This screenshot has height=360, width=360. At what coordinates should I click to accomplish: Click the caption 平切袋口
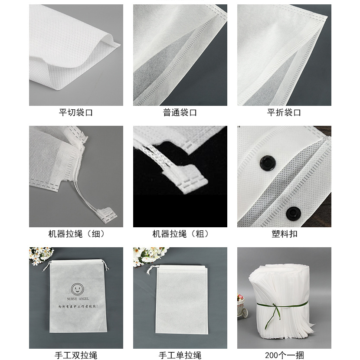point(76,113)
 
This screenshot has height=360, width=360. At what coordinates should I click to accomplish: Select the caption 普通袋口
point(180,113)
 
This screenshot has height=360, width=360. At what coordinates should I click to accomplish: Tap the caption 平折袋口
point(284,113)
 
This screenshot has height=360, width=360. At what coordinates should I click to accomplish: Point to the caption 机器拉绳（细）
point(76,234)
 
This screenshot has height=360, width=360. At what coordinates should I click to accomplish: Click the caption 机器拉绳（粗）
point(180,234)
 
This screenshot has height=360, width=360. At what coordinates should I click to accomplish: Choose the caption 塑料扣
point(284,234)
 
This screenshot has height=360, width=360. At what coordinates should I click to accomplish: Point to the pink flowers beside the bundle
point(242,304)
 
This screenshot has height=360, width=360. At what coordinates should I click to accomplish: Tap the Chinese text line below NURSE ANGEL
point(76,307)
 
